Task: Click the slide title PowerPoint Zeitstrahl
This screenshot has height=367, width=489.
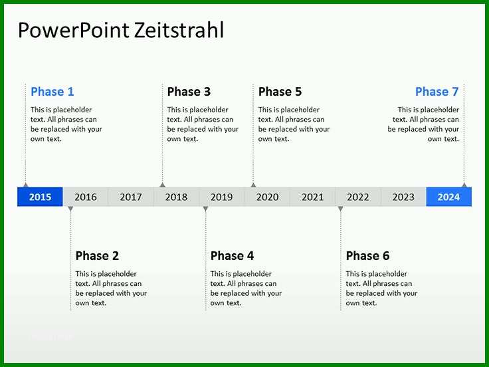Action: click(121, 31)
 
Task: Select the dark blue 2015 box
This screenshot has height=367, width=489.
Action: click(40, 197)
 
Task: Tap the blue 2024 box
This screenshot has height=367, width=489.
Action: click(448, 197)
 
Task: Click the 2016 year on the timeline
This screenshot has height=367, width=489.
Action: click(86, 197)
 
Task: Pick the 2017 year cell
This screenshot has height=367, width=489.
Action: click(131, 197)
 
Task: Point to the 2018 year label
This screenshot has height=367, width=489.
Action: click(176, 197)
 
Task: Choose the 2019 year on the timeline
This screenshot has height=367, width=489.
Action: click(222, 197)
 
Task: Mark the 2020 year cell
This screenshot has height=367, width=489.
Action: click(267, 197)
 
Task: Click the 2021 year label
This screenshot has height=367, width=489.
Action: click(313, 197)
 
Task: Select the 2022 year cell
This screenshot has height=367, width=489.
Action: click(358, 197)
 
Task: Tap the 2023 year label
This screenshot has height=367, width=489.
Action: click(403, 197)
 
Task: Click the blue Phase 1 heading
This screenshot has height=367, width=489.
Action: click(52, 92)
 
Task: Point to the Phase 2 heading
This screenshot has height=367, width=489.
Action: click(97, 255)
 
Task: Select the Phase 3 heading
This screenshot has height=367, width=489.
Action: click(189, 92)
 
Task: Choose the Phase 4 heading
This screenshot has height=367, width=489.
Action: click(233, 255)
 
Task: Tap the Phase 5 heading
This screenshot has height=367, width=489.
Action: click(280, 92)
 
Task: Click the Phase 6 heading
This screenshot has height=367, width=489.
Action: click(367, 255)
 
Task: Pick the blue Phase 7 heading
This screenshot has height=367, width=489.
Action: click(437, 92)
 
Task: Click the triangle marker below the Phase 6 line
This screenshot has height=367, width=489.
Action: click(341, 209)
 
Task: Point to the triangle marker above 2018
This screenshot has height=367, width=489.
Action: click(162, 185)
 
